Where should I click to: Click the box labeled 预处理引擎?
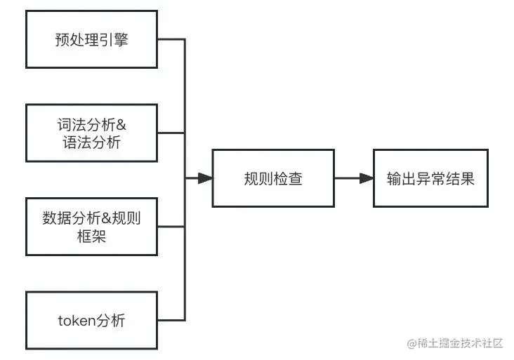91,39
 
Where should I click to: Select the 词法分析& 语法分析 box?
91,133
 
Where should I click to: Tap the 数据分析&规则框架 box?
91,227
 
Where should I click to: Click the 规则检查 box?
273,178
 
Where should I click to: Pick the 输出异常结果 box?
430,178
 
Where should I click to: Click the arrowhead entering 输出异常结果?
366,178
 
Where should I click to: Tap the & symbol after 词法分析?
121,125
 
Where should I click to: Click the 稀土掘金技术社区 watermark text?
461,343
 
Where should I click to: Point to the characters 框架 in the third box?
91,236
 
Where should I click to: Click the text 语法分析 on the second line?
91,142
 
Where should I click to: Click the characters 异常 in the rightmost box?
430,178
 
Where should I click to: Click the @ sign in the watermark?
412,343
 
